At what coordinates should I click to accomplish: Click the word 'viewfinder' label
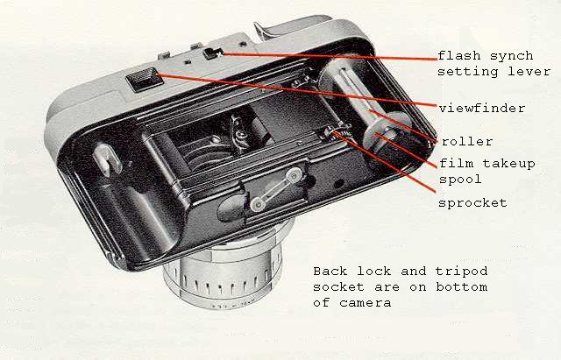click(x=482, y=108)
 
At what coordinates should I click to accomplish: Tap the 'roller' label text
click(x=467, y=142)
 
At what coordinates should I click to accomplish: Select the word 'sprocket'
click(x=472, y=203)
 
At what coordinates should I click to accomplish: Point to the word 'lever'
click(x=529, y=71)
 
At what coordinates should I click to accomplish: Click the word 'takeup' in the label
click(x=508, y=164)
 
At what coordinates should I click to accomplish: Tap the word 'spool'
click(x=460, y=179)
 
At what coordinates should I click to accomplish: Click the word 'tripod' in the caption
click(x=462, y=272)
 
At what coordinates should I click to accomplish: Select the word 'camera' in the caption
click(x=365, y=303)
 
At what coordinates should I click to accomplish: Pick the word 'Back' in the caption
click(x=330, y=271)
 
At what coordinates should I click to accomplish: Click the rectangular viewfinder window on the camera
click(x=144, y=80)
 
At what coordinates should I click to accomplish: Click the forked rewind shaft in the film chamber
click(x=106, y=159)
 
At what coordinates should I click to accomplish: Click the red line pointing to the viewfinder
click(x=298, y=90)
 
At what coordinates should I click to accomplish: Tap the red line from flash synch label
click(x=330, y=56)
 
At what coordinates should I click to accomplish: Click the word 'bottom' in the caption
click(x=462, y=286)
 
